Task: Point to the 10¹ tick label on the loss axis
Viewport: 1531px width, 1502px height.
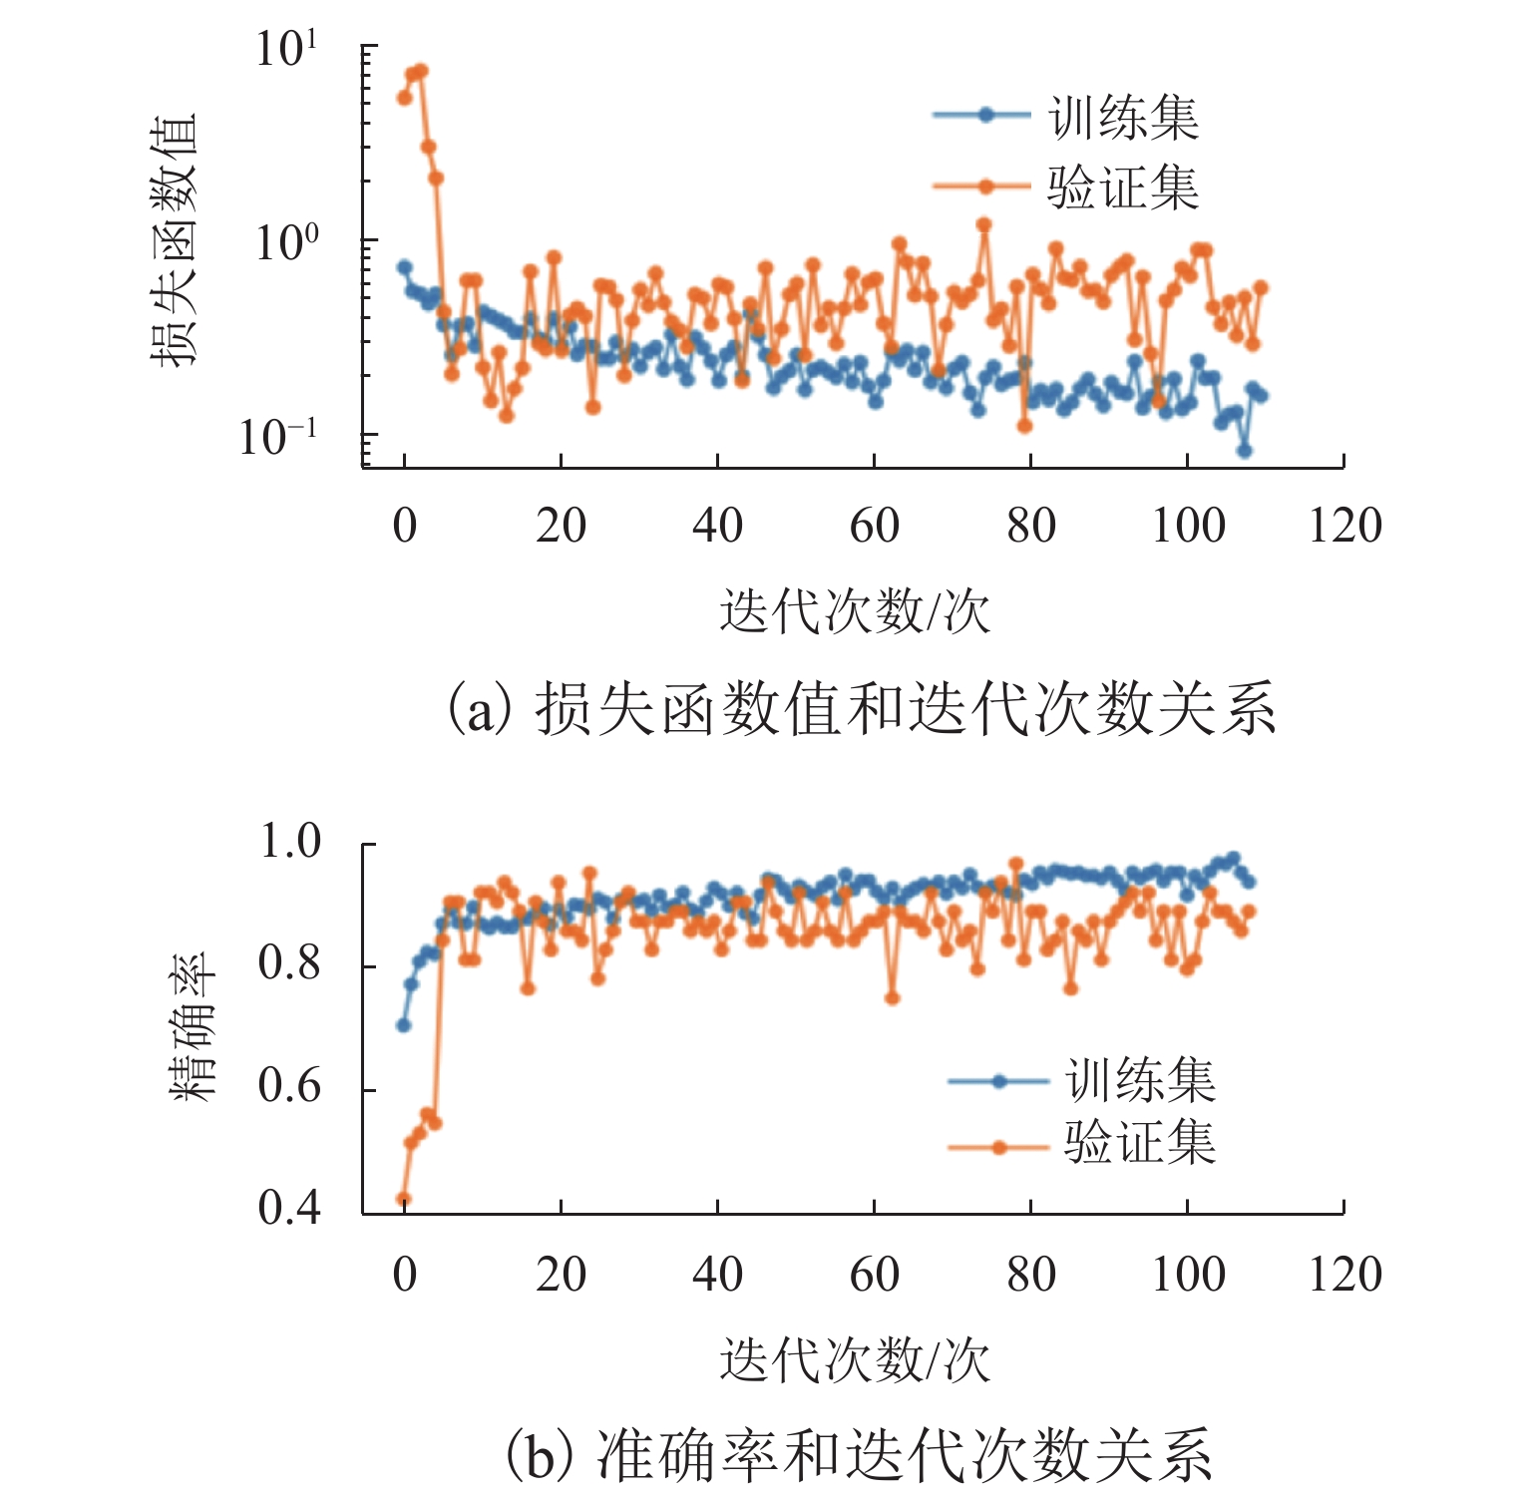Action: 287,50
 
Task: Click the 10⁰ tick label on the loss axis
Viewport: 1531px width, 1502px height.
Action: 287,242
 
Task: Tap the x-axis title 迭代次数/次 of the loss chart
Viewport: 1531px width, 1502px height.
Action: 855,610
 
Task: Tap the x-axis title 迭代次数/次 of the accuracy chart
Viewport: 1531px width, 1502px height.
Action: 855,1358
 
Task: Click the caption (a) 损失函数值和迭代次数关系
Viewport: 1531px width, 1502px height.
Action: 860,709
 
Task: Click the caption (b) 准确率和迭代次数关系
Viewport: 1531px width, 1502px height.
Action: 860,1454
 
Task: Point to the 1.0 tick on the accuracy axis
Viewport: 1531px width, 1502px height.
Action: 289,843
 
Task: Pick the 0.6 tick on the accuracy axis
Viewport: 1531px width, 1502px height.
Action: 289,1086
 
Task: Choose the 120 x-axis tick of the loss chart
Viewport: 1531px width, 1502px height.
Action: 1344,526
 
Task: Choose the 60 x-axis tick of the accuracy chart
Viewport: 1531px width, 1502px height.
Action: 875,1275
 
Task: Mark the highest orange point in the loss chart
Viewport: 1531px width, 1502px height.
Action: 420,70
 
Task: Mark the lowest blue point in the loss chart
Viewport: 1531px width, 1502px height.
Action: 1244,451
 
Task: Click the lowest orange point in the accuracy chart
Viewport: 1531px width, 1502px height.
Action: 404,1199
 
